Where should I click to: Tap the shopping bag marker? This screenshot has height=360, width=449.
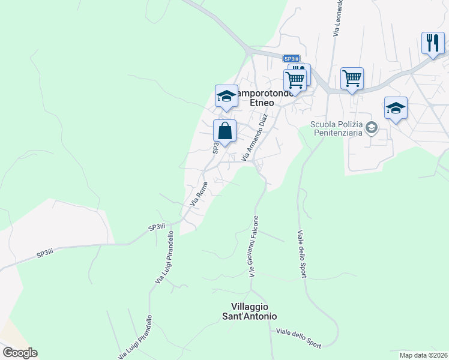click(224, 131)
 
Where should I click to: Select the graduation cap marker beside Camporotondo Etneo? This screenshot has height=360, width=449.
click(226, 97)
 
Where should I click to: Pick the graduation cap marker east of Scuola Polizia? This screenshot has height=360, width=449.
click(396, 109)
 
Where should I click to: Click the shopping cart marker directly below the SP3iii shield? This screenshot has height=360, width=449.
click(295, 80)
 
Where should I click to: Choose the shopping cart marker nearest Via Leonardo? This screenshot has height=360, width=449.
click(352, 78)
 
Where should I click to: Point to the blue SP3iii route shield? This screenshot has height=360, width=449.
click(291, 58)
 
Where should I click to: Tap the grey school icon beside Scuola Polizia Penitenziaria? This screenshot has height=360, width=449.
click(372, 127)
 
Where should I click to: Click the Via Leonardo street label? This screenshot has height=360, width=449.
click(337, 18)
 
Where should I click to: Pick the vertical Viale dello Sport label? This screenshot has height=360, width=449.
click(301, 253)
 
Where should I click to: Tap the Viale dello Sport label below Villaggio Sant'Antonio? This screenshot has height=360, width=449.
click(298, 338)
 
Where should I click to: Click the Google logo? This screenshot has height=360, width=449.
click(19, 353)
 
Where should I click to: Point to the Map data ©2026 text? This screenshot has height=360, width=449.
click(424, 355)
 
